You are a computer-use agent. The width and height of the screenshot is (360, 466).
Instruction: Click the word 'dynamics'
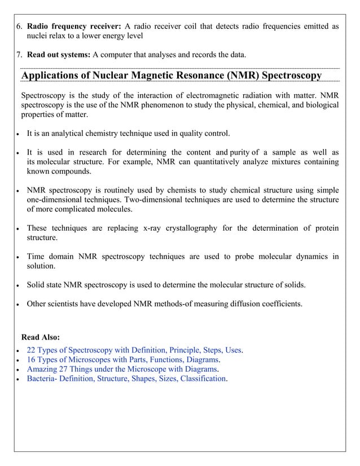click(x=309, y=256)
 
